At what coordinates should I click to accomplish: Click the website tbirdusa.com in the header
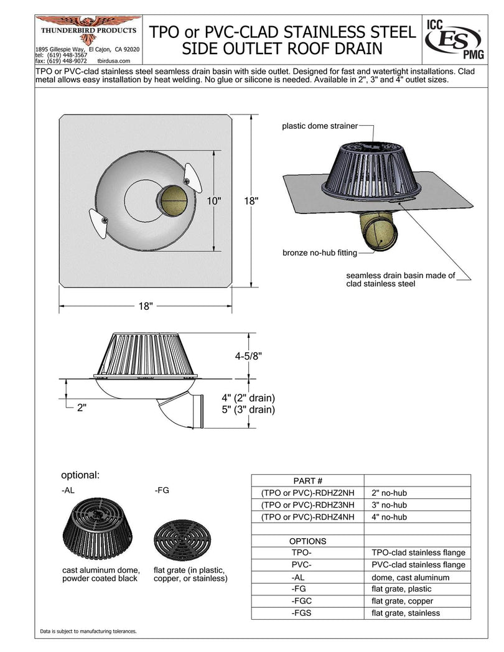113,61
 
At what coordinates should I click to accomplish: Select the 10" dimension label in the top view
215,200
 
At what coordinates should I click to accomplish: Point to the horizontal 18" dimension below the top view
146,307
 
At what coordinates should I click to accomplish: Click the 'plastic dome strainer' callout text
320,126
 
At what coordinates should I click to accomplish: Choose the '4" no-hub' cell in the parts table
390,516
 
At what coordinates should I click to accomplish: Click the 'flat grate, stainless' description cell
406,613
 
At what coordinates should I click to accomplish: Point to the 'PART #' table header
307,480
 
